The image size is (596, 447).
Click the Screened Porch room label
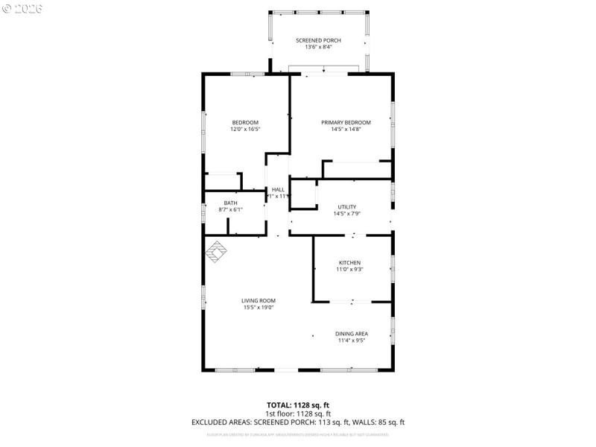[x=318, y=40]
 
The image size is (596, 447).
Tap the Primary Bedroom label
[x=346, y=122]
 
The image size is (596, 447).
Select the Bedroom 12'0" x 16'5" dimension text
[x=244, y=130]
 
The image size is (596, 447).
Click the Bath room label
[x=231, y=203]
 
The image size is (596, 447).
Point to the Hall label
[x=278, y=189]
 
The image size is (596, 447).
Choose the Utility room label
[x=346, y=207]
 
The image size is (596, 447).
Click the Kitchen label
[x=349, y=263]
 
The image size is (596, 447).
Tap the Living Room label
[x=259, y=300]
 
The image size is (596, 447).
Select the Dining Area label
[x=351, y=333]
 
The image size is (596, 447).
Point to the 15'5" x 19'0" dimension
[x=259, y=308]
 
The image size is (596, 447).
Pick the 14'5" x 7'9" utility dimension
[x=346, y=215]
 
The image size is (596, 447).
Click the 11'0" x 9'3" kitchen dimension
[x=349, y=270]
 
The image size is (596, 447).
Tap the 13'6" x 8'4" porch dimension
[x=318, y=47]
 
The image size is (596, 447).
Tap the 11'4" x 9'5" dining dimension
[x=351, y=340]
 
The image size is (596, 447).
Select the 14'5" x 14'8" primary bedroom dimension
[x=346, y=130]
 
